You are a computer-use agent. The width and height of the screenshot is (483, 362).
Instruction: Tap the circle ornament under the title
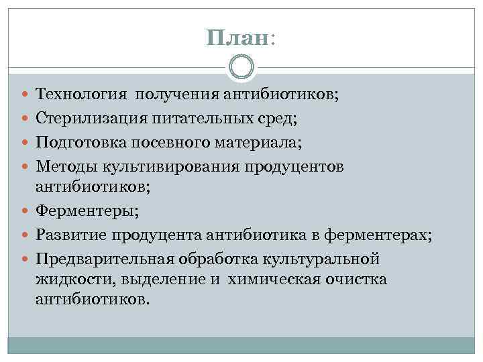tap(241, 67)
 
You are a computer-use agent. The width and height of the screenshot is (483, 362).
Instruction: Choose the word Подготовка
tap(77, 142)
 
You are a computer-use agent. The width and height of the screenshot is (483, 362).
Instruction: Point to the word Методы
tap(64, 166)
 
